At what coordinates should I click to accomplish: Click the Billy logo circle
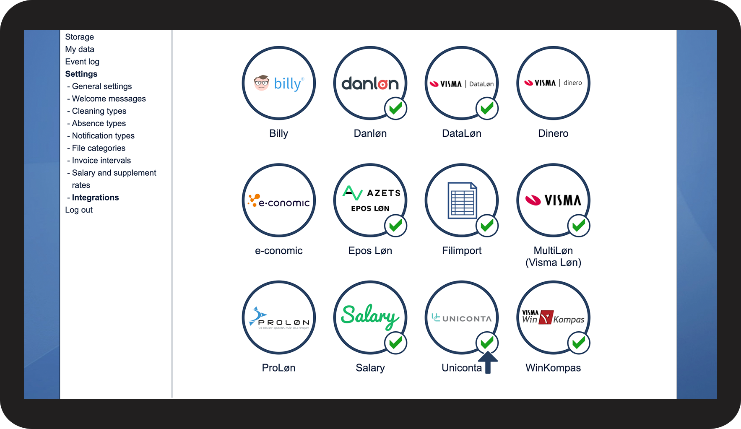click(x=278, y=83)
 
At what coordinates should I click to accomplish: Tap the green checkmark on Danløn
click(x=395, y=109)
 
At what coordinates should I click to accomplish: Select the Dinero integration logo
click(x=553, y=83)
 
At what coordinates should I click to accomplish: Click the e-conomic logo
click(x=278, y=200)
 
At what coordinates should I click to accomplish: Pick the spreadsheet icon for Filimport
click(x=462, y=200)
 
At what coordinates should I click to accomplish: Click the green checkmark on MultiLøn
click(x=579, y=226)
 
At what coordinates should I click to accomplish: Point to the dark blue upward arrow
click(x=488, y=362)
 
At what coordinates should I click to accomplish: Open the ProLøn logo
click(x=278, y=317)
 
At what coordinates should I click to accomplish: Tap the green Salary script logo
click(x=370, y=315)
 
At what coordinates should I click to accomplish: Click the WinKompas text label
click(x=553, y=368)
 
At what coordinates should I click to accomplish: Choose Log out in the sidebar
click(x=79, y=210)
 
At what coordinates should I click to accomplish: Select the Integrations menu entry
click(x=95, y=198)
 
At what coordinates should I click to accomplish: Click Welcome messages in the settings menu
click(x=109, y=99)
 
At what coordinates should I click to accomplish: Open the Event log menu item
click(x=82, y=62)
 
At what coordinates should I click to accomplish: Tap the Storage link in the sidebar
click(x=79, y=37)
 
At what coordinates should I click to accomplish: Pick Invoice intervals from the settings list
click(x=101, y=160)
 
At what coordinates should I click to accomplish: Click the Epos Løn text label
click(x=370, y=251)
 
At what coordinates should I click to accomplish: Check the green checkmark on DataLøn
click(x=487, y=109)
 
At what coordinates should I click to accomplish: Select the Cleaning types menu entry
click(x=99, y=111)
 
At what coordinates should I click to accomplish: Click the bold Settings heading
click(x=81, y=74)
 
